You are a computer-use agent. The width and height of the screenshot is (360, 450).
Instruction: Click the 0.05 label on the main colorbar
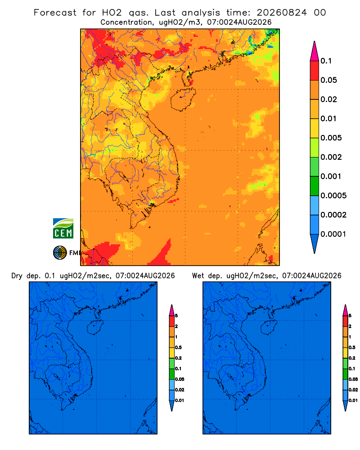(328, 80)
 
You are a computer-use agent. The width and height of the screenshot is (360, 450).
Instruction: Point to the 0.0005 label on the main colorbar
(333, 196)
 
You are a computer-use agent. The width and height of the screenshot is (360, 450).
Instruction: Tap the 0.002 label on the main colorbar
(331, 157)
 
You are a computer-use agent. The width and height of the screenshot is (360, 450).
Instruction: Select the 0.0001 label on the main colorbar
(333, 234)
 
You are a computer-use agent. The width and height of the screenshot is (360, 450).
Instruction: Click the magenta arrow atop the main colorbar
(315, 52)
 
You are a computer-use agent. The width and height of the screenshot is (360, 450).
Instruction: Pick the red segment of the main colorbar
(315, 71)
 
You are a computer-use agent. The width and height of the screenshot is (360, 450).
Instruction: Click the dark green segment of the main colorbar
(315, 186)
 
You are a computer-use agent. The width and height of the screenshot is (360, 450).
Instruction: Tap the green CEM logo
(63, 229)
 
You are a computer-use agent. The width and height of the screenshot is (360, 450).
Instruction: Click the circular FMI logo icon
(60, 252)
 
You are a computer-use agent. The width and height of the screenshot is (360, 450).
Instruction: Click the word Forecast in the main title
(55, 13)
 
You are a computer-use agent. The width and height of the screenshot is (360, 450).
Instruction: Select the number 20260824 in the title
(282, 13)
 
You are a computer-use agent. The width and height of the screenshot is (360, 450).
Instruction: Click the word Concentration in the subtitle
(127, 22)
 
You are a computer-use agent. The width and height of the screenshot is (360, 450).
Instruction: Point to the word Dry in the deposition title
(17, 276)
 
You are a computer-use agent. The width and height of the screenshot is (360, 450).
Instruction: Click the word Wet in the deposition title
(198, 276)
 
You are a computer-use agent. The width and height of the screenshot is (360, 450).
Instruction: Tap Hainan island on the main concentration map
(183, 99)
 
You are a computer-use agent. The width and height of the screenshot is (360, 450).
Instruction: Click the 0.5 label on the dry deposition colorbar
(178, 347)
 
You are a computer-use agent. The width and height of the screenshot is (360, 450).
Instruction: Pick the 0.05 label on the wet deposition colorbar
(353, 379)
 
